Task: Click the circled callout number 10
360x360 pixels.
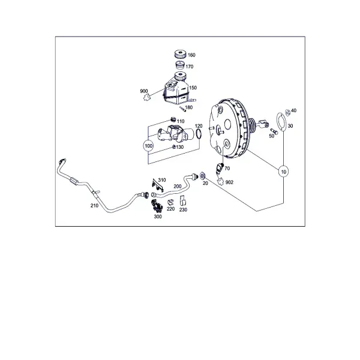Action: tap(284, 172)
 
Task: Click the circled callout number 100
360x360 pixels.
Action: tap(149, 146)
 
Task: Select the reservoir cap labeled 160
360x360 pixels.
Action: tap(180, 54)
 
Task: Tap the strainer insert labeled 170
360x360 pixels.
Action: tap(180, 65)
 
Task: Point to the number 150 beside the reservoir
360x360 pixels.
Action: tap(193, 88)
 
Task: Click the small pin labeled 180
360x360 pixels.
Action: tap(183, 109)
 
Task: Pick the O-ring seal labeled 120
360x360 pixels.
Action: tap(199, 134)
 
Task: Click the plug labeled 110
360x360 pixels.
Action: tap(173, 119)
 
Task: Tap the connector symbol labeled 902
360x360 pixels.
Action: tap(221, 181)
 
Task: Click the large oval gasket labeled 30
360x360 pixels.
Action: tap(281, 122)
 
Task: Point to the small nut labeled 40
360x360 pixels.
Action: tap(287, 113)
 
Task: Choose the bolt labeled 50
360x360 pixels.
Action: tap(274, 131)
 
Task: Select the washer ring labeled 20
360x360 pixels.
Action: tap(203, 176)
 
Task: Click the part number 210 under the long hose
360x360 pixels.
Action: tap(94, 206)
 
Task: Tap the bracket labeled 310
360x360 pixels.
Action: tap(158, 185)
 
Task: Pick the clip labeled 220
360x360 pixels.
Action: tap(170, 202)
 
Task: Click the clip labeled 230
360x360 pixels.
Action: tap(183, 200)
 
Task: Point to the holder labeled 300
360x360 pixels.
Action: tap(157, 206)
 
